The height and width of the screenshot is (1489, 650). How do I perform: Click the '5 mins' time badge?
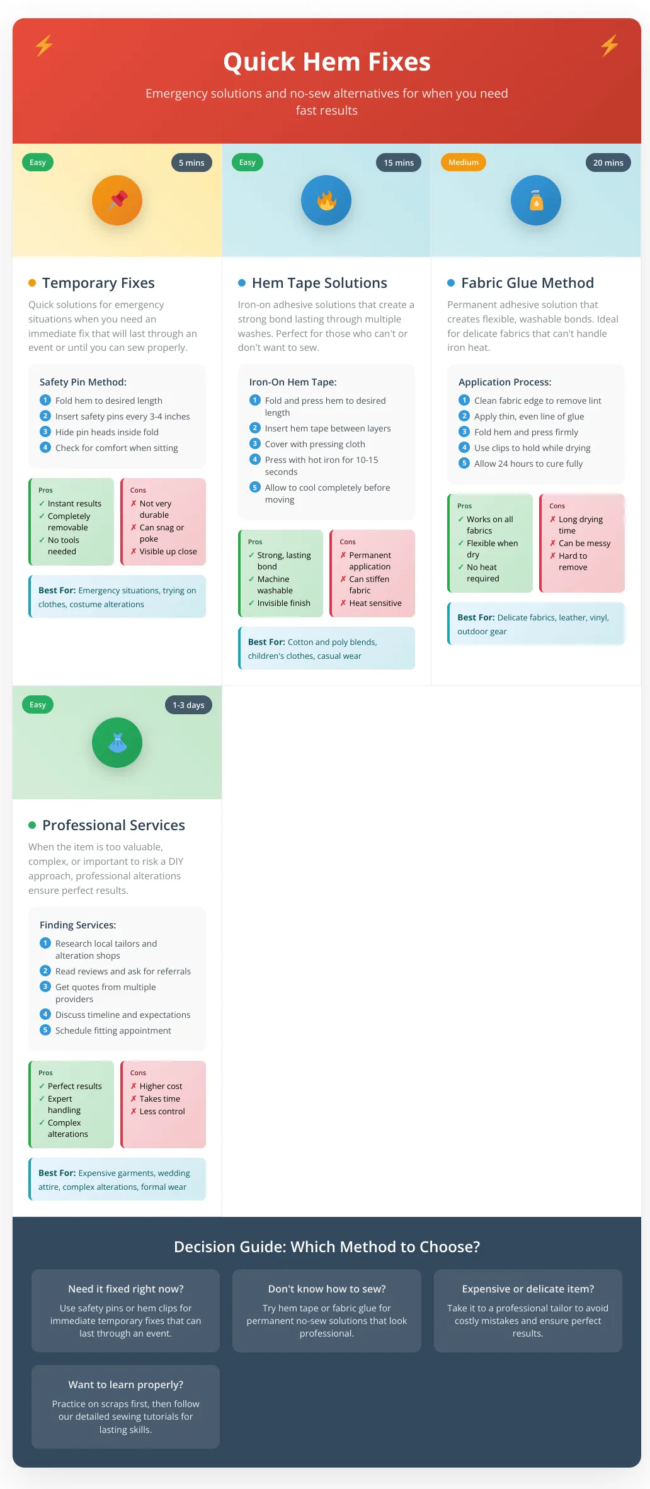[191, 163]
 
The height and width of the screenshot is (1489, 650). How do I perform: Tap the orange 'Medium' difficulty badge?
[463, 163]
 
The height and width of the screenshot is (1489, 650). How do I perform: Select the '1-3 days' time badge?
[188, 705]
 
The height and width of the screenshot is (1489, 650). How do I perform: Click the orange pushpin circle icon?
[117, 200]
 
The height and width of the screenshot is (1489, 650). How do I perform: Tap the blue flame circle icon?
[326, 200]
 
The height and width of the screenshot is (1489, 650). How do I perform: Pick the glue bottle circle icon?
[535, 200]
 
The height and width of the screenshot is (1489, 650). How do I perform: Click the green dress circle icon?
[117, 743]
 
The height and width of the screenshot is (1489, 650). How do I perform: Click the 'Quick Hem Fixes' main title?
[326, 62]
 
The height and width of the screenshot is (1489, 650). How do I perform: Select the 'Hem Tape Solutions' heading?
[319, 283]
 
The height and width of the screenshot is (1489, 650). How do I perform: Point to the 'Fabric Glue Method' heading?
[527, 283]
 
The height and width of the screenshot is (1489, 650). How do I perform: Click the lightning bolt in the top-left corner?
[44, 45]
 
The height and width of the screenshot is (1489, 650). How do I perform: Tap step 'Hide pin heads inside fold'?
[106, 432]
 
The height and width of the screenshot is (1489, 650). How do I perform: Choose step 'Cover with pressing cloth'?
[314, 444]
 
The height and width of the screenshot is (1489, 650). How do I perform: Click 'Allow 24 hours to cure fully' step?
[528, 464]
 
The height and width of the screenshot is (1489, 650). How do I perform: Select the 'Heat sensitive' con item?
[375, 603]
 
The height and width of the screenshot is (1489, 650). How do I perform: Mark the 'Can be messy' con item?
[584, 543]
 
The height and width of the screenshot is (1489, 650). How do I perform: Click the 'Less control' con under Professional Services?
[162, 1111]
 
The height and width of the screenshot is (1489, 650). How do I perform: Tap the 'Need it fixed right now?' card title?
[126, 1289]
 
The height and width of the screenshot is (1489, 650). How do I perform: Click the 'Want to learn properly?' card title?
[126, 1384]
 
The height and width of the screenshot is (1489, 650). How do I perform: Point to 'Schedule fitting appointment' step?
[113, 1030]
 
